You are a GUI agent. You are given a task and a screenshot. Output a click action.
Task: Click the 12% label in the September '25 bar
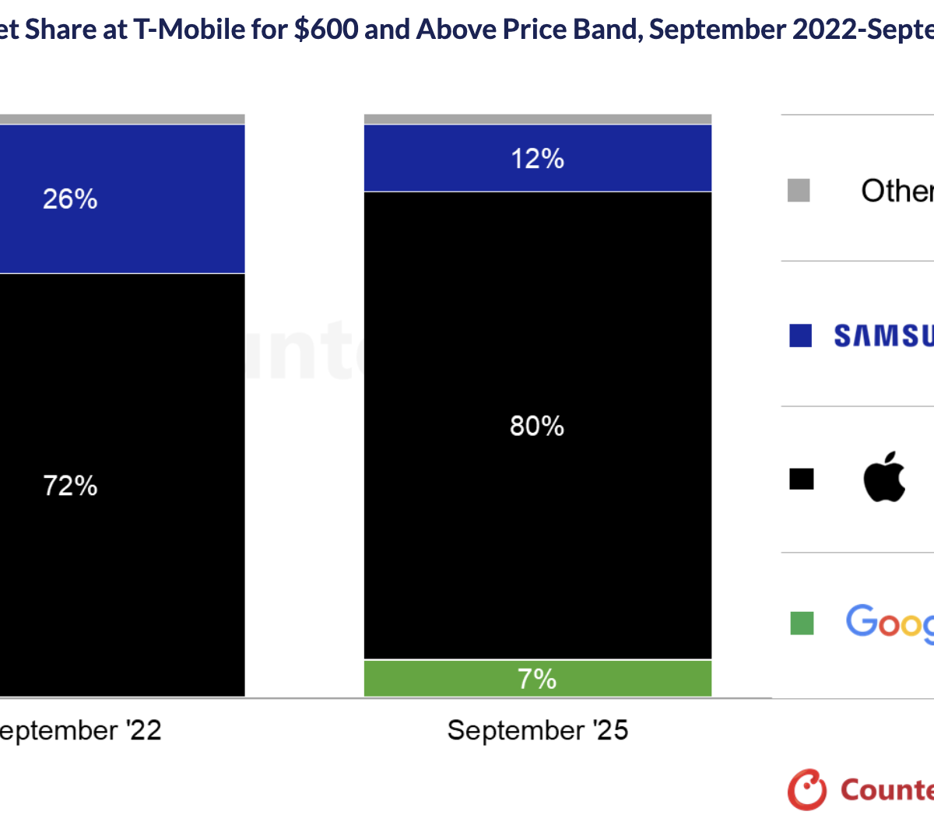pyautogui.click(x=537, y=159)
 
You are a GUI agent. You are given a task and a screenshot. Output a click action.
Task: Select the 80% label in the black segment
pyautogui.click(x=537, y=426)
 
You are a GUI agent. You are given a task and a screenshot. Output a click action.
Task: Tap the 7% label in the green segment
pyautogui.click(x=537, y=679)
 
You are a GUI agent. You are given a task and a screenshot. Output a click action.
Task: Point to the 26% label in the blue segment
pyautogui.click(x=70, y=199)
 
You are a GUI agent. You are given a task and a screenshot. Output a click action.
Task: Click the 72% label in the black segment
pyautogui.click(x=70, y=486)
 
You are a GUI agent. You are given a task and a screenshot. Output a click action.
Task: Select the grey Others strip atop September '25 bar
pyautogui.click(x=537, y=119)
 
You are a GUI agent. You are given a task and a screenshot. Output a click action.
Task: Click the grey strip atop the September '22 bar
pyautogui.click(x=117, y=119)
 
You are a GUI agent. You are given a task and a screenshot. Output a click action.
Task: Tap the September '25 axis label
pyautogui.click(x=537, y=730)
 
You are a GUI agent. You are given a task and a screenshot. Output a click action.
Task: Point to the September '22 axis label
pyautogui.click(x=78, y=730)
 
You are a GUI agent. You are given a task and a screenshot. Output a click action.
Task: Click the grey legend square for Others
pyautogui.click(x=799, y=190)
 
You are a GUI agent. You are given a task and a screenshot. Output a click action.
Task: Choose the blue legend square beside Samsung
pyautogui.click(x=800, y=335)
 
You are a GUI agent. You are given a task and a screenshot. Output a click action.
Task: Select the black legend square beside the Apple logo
pyautogui.click(x=801, y=479)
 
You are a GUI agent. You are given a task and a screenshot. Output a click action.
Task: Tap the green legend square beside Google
pyautogui.click(x=802, y=623)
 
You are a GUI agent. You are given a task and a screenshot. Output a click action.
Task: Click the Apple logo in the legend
pyautogui.click(x=884, y=476)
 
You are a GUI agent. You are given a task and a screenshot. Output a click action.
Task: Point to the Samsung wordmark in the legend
pyautogui.click(x=884, y=335)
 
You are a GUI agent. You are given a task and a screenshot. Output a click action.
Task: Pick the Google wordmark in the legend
pyautogui.click(x=890, y=623)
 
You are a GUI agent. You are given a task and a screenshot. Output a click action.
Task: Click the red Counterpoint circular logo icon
pyautogui.click(x=806, y=789)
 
